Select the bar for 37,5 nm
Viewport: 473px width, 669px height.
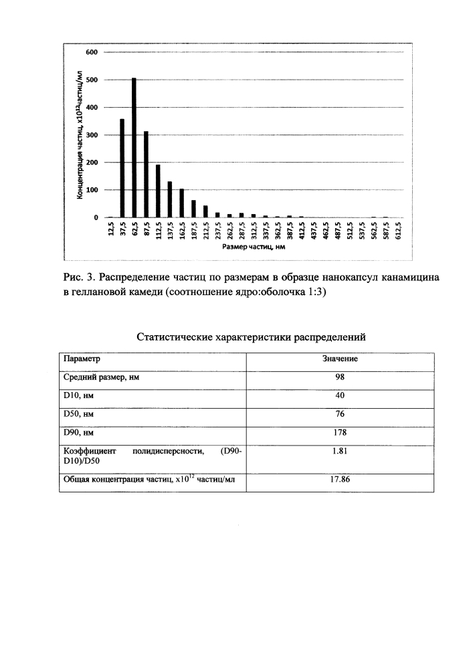point(122,168)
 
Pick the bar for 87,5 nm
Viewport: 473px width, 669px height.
point(146,175)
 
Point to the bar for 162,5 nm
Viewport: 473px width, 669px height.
point(182,203)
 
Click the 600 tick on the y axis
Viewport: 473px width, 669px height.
point(92,52)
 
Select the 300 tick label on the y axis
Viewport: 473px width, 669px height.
point(92,135)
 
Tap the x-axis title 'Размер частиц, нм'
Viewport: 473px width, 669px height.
point(250,247)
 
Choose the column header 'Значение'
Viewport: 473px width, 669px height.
point(340,359)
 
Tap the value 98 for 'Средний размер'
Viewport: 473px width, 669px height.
point(340,377)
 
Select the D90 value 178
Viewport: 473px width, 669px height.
point(340,434)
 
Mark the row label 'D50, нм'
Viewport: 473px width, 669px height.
point(78,415)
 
